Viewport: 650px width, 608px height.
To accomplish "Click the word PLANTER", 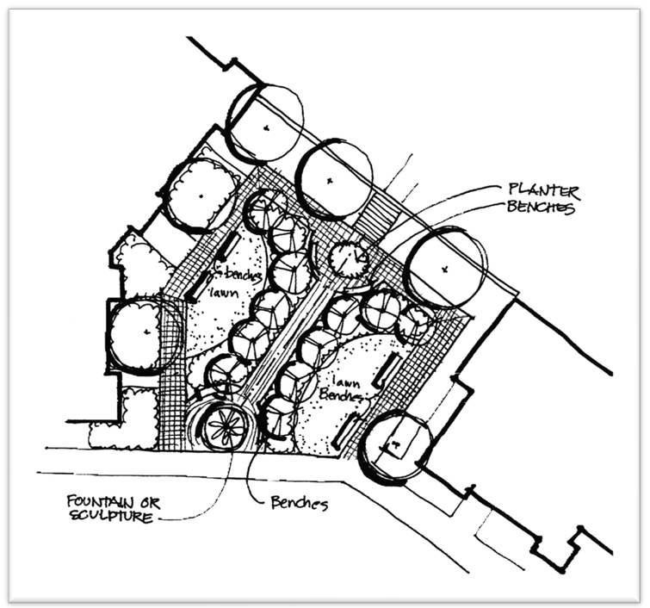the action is tap(544, 189).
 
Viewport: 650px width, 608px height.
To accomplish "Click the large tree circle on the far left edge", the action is tap(145, 332).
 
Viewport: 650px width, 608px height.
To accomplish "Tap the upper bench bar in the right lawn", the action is tap(387, 368).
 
